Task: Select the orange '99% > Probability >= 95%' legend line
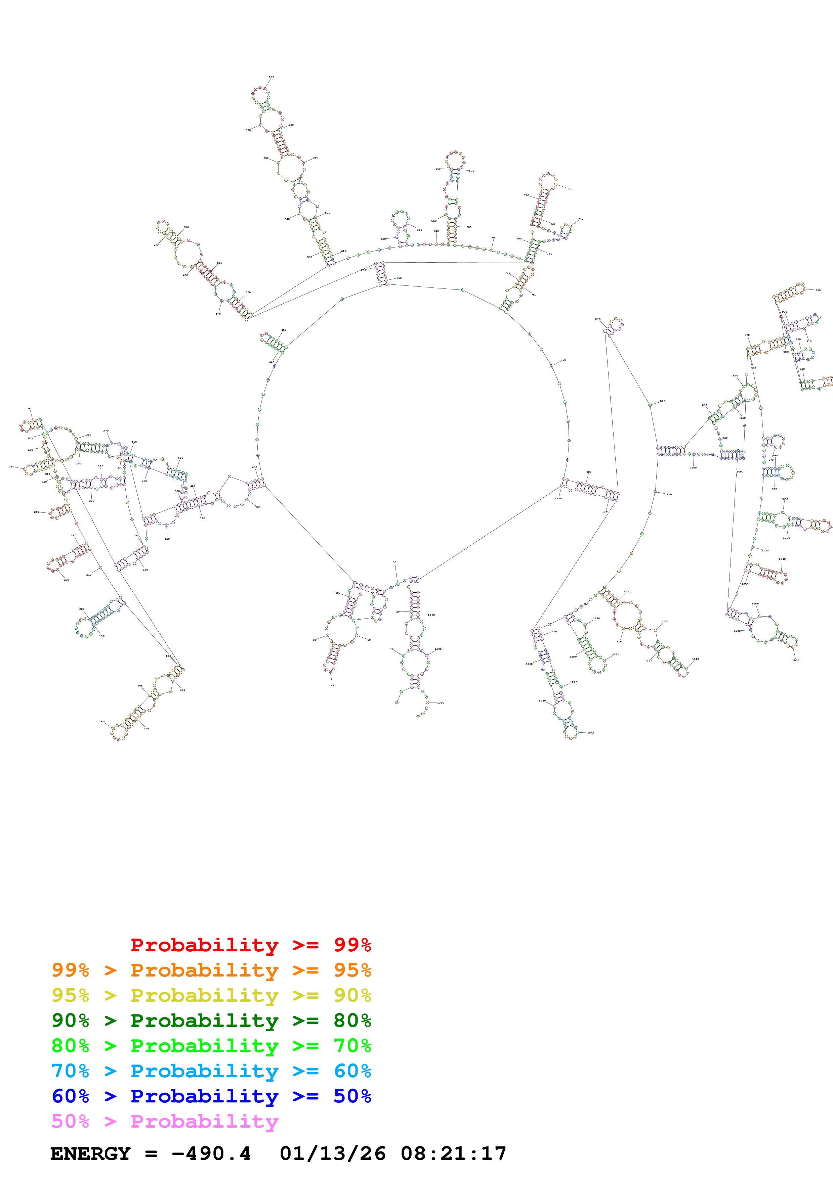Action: pos(211,970)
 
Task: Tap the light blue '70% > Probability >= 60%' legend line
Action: pos(211,1071)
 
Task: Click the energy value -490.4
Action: pos(211,1154)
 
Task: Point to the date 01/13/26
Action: pos(333,1154)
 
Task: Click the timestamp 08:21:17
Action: pos(453,1154)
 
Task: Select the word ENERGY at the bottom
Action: pos(90,1154)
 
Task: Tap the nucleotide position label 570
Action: pos(272,77)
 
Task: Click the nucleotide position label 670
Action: pos(472,171)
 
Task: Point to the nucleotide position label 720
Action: pos(569,188)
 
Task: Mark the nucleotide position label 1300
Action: pos(441,703)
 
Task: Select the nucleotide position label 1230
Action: pos(591,733)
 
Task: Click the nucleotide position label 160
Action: pos(101,721)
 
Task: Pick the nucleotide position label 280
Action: pos(30,408)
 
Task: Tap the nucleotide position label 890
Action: pos(818,290)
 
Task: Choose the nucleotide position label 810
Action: pos(597,319)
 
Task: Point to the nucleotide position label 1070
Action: pos(795,660)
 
